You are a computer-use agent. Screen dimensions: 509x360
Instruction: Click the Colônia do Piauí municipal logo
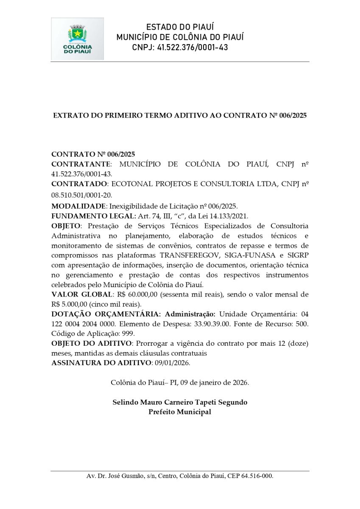click(x=77, y=39)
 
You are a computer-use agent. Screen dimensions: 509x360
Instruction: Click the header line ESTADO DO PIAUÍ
click(x=180, y=27)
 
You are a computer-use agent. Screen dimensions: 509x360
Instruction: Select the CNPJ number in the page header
click(x=193, y=48)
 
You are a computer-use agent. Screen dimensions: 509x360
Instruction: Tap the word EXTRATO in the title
click(x=70, y=115)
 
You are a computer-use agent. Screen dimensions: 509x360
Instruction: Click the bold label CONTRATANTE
click(x=81, y=164)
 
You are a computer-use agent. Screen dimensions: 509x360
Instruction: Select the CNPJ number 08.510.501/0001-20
click(x=81, y=194)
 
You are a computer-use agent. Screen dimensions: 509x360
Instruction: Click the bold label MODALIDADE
click(x=78, y=206)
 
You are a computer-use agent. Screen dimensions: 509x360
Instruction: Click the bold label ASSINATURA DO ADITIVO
click(x=101, y=363)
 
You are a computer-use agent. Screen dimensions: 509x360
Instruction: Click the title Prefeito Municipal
click(x=180, y=412)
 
